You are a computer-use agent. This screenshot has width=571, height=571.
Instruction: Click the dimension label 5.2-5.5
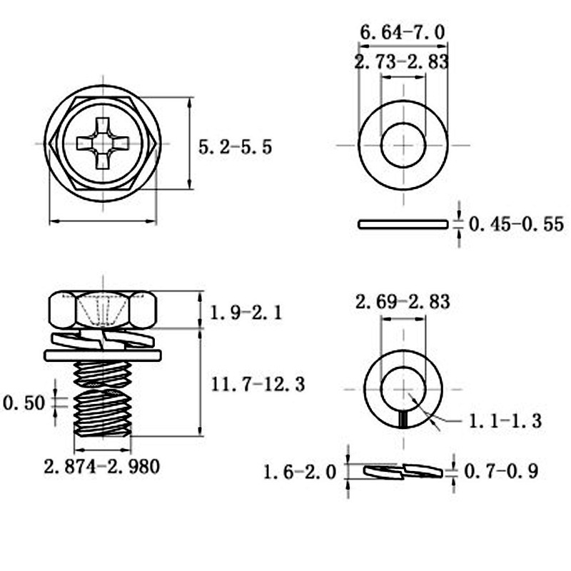pos(236,147)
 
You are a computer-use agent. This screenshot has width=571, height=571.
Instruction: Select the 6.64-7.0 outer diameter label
pos(403,32)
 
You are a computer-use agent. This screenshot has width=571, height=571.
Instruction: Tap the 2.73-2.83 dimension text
pos(401,62)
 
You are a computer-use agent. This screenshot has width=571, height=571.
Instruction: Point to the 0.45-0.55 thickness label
pos(516,223)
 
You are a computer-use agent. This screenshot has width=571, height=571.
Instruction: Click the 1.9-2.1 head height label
pos(246,313)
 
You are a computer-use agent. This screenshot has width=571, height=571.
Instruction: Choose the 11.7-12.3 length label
pos(258,384)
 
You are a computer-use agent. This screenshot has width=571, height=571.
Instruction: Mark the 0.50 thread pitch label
pos(24,403)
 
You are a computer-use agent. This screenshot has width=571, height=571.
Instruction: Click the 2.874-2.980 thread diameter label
pos(102,467)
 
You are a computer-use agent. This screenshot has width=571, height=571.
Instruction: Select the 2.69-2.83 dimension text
pos(403,302)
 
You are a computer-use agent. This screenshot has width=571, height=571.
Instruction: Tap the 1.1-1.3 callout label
pos(505,421)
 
